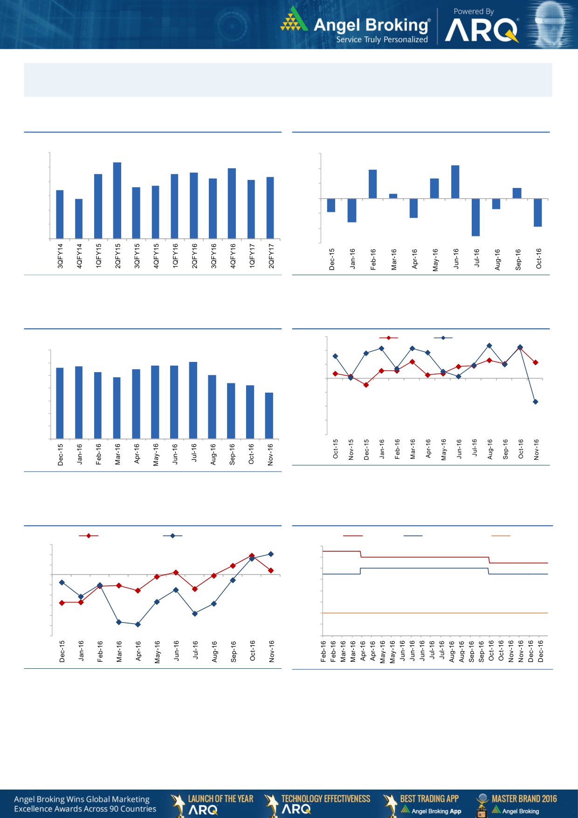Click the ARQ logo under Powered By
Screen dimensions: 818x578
pyautogui.click(x=482, y=31)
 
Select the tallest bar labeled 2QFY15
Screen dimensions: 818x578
pyautogui.click(x=117, y=201)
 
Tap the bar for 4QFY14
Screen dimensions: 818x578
pyautogui.click(x=79, y=219)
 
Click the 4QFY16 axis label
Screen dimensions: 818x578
pyautogui.click(x=233, y=256)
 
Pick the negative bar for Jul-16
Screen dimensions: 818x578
pyautogui.click(x=475, y=217)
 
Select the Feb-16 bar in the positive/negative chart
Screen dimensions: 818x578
pyautogui.click(x=373, y=184)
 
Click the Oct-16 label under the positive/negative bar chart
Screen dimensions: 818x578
pyautogui.click(x=539, y=258)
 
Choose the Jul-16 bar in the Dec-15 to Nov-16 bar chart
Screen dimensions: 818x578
pyautogui.click(x=193, y=400)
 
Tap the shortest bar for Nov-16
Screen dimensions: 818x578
pyautogui.click(x=269, y=416)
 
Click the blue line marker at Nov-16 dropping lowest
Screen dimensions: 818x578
pyautogui.click(x=536, y=402)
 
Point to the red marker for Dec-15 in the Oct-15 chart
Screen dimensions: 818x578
pyautogui.click(x=366, y=385)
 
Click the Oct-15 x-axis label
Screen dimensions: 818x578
pyautogui.click(x=336, y=449)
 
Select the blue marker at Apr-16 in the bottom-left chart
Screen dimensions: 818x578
pyautogui.click(x=138, y=624)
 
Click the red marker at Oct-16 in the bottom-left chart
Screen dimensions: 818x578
pyautogui.click(x=252, y=555)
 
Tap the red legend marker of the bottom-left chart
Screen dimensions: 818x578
pyautogui.click(x=89, y=536)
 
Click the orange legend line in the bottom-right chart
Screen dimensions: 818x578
pyautogui.click(x=501, y=536)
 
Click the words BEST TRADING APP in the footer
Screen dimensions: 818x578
pyautogui.click(x=429, y=798)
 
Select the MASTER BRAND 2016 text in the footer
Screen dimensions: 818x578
pyautogui.click(x=524, y=798)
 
